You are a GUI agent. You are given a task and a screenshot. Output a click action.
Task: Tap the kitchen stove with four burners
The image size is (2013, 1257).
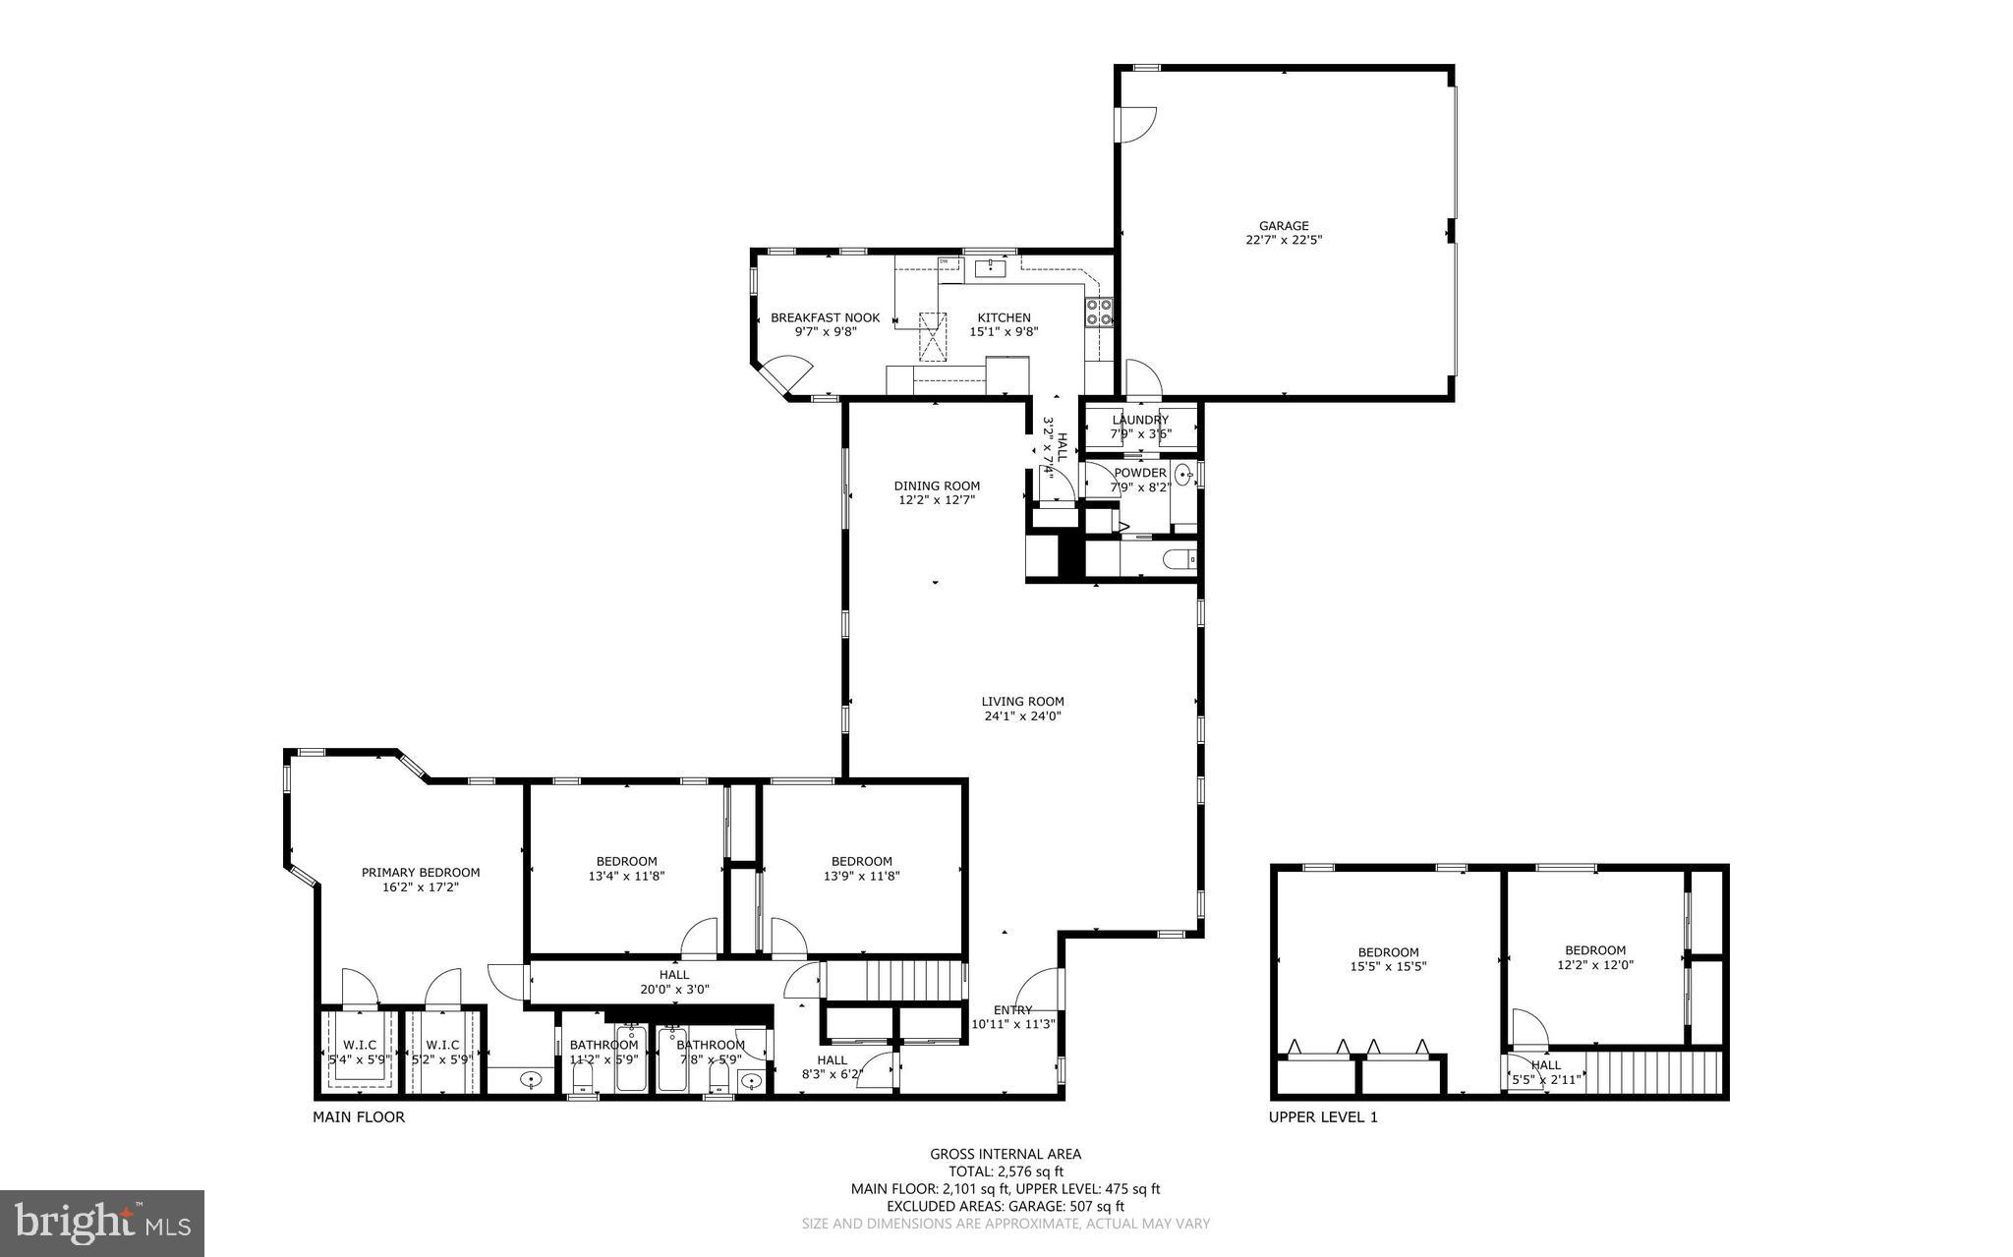1099,312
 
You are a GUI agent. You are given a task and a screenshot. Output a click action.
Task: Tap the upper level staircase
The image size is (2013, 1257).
1656,1072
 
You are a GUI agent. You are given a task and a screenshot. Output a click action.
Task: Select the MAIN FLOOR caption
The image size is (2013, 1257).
358,1116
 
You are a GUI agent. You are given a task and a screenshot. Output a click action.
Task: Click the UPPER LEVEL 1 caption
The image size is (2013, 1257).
1322,1116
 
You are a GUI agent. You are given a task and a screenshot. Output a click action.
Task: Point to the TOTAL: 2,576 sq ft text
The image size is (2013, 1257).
1006,1171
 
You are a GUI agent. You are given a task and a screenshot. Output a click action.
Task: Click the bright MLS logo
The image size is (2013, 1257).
102,1223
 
